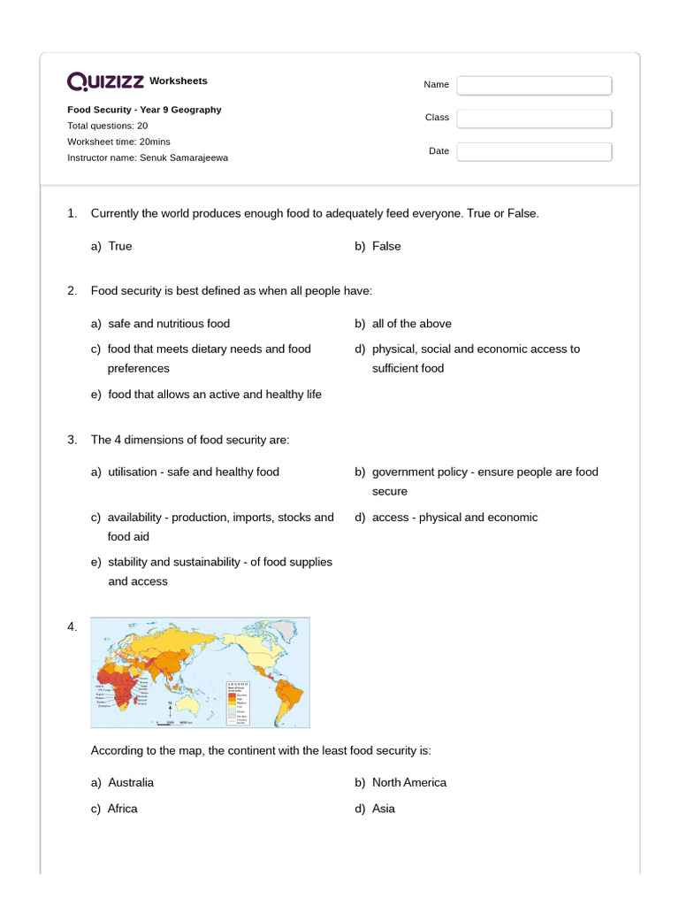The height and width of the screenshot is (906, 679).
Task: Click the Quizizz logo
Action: point(106,81)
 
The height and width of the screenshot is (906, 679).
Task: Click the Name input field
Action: point(534,85)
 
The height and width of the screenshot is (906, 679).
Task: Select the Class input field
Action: point(534,118)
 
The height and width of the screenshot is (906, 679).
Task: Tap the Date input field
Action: point(534,151)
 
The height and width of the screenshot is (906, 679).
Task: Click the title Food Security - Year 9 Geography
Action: point(144,110)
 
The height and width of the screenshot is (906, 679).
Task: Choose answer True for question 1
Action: point(119,246)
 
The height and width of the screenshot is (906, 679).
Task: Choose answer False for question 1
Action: point(386,246)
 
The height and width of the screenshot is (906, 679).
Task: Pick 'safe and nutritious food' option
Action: point(168,324)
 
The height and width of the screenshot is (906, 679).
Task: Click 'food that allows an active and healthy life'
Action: point(214,395)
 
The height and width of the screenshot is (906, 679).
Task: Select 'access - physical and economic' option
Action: point(454,518)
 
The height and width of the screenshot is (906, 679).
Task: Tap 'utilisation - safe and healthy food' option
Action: point(193,472)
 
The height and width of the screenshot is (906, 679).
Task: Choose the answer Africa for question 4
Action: point(122,809)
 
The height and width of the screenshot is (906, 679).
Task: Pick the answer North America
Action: point(408,782)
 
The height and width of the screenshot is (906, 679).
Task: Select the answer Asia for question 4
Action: point(383,809)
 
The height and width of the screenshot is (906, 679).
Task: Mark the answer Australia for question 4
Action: point(130,782)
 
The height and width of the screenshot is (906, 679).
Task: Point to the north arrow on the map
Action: point(169,709)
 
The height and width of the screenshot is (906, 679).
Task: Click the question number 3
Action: point(72,440)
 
